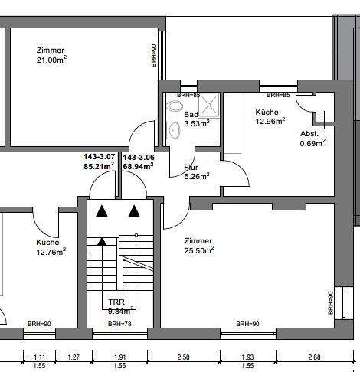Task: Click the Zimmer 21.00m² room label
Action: tap(51, 56)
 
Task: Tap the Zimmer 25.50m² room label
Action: tap(198, 245)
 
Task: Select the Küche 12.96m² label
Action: tap(270, 116)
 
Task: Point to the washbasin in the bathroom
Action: tap(174, 131)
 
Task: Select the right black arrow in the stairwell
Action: tap(135, 210)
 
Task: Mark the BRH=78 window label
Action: tap(119, 325)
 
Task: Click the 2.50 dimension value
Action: tap(183, 357)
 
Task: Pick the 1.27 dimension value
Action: tap(74, 357)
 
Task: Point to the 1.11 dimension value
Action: tap(40, 357)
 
